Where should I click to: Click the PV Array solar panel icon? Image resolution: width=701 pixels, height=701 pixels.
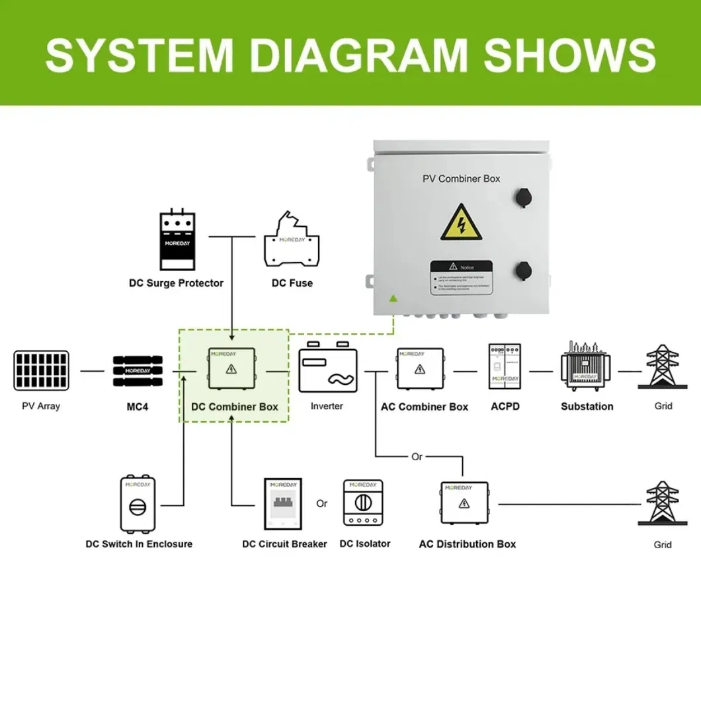coord(40,371)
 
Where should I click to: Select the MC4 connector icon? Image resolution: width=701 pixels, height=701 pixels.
coord(138,371)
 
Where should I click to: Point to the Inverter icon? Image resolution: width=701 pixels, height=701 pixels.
coord(327,371)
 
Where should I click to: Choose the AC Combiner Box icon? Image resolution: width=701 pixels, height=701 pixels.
coord(419,369)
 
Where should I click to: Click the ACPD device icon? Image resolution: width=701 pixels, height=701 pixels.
coord(505,366)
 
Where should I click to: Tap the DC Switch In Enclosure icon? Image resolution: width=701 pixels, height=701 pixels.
coord(138,503)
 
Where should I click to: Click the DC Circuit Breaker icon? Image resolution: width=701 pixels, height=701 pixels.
coord(283,503)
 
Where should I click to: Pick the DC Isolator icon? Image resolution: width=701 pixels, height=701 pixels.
coord(363,503)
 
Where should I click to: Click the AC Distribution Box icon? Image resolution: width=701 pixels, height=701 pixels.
coord(464,503)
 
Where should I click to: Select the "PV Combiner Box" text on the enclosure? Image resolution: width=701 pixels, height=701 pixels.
coord(462,179)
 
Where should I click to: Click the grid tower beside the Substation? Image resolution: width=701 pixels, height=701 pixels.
coord(662,366)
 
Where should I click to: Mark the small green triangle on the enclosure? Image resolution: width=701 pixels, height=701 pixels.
coord(393,298)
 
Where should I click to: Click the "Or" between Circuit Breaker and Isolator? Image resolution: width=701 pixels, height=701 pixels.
coord(322,503)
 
